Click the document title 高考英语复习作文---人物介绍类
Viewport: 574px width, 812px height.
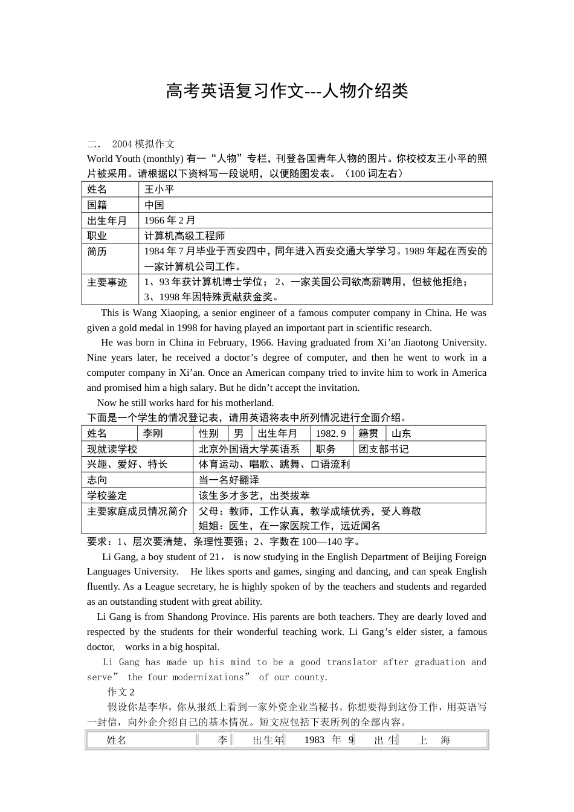287,91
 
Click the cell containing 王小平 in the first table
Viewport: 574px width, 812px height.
160,189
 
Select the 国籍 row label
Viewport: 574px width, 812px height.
97,205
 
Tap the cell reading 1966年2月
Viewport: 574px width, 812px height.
170,220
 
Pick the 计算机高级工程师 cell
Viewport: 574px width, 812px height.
185,236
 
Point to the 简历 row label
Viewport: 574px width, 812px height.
97,251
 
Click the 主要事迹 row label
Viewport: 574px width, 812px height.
107,282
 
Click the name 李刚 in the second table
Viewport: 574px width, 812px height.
153,433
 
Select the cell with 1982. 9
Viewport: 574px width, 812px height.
331,433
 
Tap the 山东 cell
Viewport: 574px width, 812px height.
401,433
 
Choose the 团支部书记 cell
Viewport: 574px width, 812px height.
384,449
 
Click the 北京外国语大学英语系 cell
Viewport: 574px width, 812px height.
249,449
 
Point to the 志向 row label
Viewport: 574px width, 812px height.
97,480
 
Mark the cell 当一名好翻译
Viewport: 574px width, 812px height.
229,480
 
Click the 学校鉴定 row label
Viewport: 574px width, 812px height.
107,495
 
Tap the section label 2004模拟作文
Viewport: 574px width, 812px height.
143,144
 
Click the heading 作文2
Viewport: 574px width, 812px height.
121,692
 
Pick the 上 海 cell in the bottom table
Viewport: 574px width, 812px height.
434,740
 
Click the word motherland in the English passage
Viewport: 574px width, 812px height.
249,403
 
